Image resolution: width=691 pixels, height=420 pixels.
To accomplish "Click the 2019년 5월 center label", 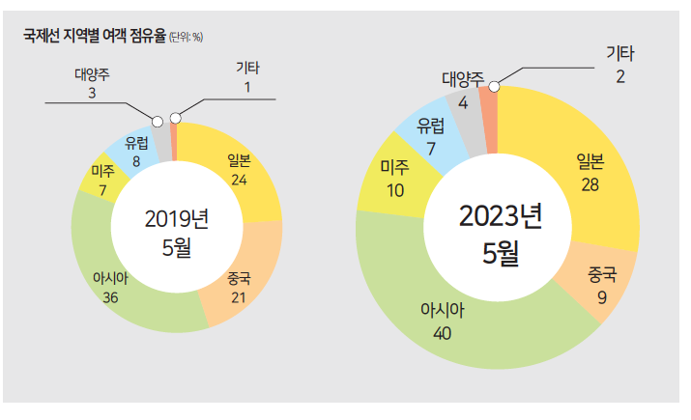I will tap(177, 234).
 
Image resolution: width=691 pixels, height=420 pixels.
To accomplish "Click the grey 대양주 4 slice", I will tap(468, 111).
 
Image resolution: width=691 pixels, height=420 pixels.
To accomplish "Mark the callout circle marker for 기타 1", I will tap(174, 118).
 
